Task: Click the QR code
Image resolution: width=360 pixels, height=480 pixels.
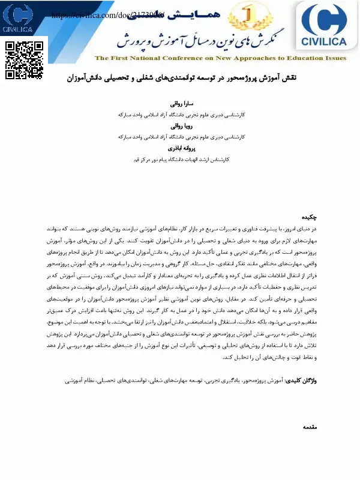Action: [24, 60]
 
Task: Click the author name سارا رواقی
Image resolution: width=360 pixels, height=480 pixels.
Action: [180, 103]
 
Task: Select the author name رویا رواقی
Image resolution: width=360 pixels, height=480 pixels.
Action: [180, 127]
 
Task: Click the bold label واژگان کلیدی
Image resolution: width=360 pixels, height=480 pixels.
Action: [300, 380]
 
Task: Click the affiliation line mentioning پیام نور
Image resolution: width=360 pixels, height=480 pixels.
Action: [180, 160]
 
